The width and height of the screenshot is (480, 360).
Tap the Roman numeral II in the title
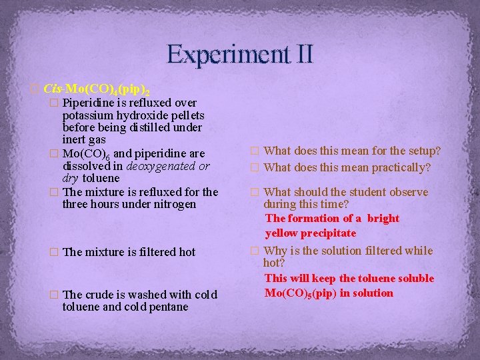tap(300, 53)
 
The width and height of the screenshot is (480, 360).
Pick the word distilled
tap(141, 127)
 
